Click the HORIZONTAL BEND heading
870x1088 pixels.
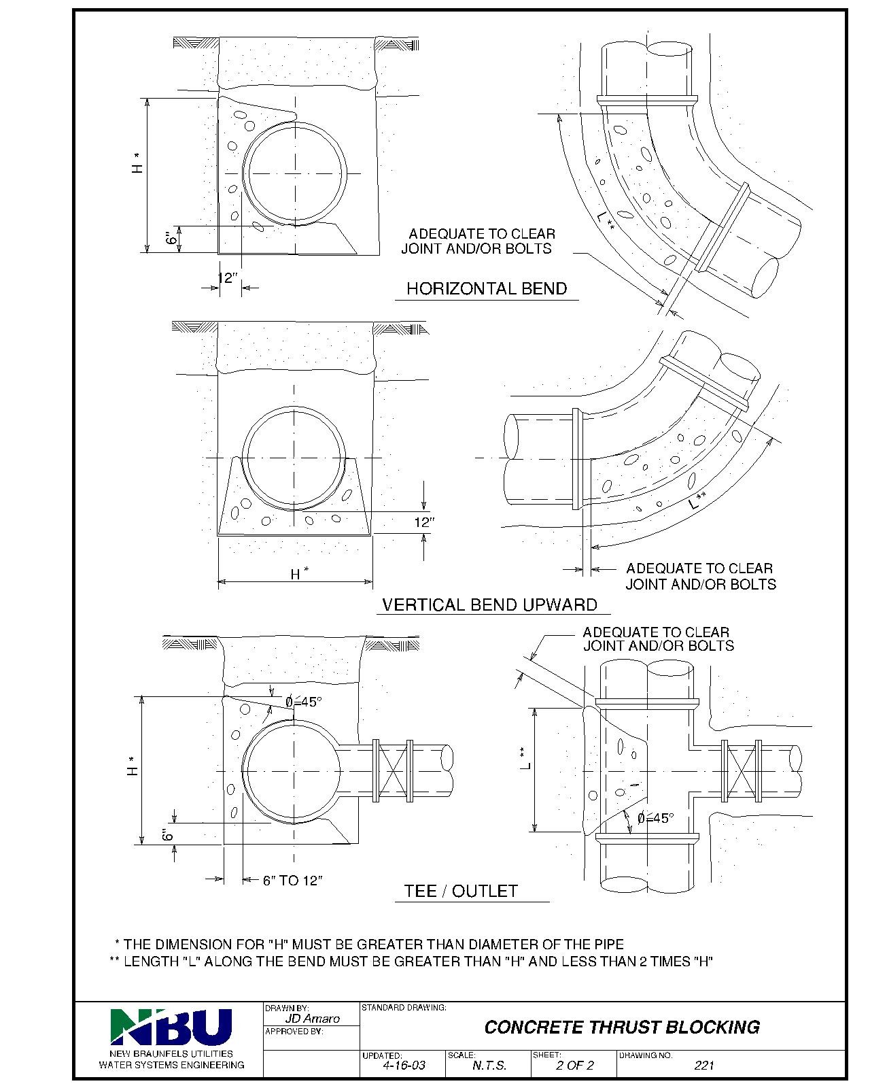pyautogui.click(x=486, y=288)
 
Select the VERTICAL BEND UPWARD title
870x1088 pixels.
pyautogui.click(x=489, y=605)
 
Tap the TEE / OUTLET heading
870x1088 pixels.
pyautogui.click(x=461, y=891)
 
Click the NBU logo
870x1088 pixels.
pyautogui.click(x=171, y=1026)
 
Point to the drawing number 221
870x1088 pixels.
pyautogui.click(x=704, y=1066)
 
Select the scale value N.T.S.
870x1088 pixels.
pyautogui.click(x=489, y=1066)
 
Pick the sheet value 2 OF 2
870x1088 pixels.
pyautogui.click(x=574, y=1066)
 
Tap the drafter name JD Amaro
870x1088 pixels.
pyautogui.click(x=312, y=1019)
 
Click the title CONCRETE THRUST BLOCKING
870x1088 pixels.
pyautogui.click(x=621, y=1027)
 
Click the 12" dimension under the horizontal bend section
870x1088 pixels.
pyautogui.click(x=228, y=278)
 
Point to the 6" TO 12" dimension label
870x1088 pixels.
pyautogui.click(x=292, y=881)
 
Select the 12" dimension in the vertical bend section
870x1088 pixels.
pyautogui.click(x=423, y=522)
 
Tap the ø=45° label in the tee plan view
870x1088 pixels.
pyautogui.click(x=655, y=818)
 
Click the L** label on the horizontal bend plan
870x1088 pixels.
pyautogui.click(x=607, y=222)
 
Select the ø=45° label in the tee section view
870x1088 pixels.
pyautogui.click(x=303, y=702)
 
